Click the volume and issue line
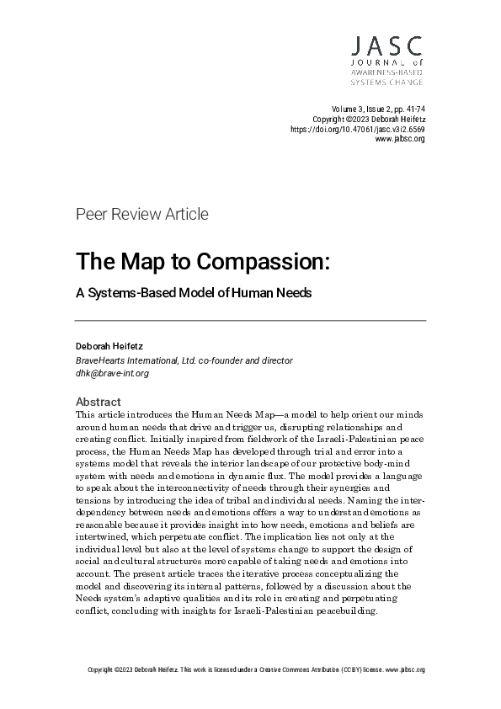coord(379,109)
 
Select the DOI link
coord(357,130)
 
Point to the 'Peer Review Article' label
coord(141,214)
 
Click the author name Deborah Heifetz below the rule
coord(109,346)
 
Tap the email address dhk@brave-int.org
coord(112,373)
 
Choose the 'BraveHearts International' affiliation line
coord(184,360)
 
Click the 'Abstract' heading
coord(99,402)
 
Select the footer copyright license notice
coord(256,670)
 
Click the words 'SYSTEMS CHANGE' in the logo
coord(386,83)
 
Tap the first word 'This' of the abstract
coord(85,415)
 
